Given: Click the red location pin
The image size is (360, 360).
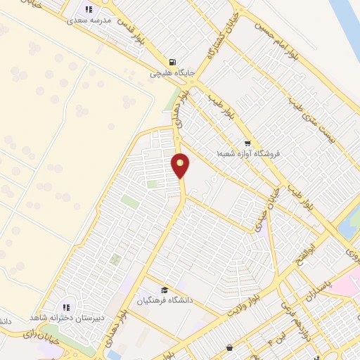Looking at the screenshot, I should click(181, 165).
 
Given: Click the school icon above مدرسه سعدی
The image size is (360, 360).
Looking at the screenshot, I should click(89, 9).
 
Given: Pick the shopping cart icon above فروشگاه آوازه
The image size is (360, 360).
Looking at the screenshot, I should click(246, 141).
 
